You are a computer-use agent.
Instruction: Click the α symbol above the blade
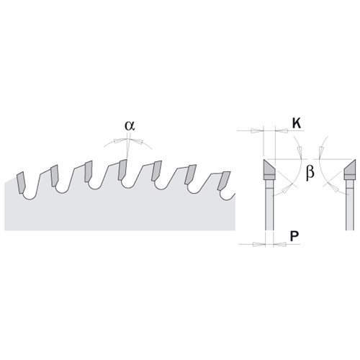click(130, 126)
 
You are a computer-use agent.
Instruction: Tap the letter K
click(297, 124)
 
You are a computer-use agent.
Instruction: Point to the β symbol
click(310, 172)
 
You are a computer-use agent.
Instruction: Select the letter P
click(294, 236)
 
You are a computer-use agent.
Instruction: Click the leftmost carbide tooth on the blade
click(20, 182)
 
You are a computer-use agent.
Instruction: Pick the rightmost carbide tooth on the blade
click(224, 181)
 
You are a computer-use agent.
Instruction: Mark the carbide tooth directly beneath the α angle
click(122, 169)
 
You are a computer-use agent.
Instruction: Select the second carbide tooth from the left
click(54, 176)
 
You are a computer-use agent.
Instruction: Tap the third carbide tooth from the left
click(89, 171)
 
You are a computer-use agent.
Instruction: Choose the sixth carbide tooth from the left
click(191, 174)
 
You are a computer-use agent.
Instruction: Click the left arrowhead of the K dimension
click(257, 131)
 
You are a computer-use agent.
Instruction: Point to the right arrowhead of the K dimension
click(282, 131)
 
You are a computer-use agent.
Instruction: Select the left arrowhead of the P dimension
click(259, 244)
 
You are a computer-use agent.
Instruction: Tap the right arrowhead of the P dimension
click(279, 244)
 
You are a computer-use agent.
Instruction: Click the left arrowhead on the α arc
click(120, 141)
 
